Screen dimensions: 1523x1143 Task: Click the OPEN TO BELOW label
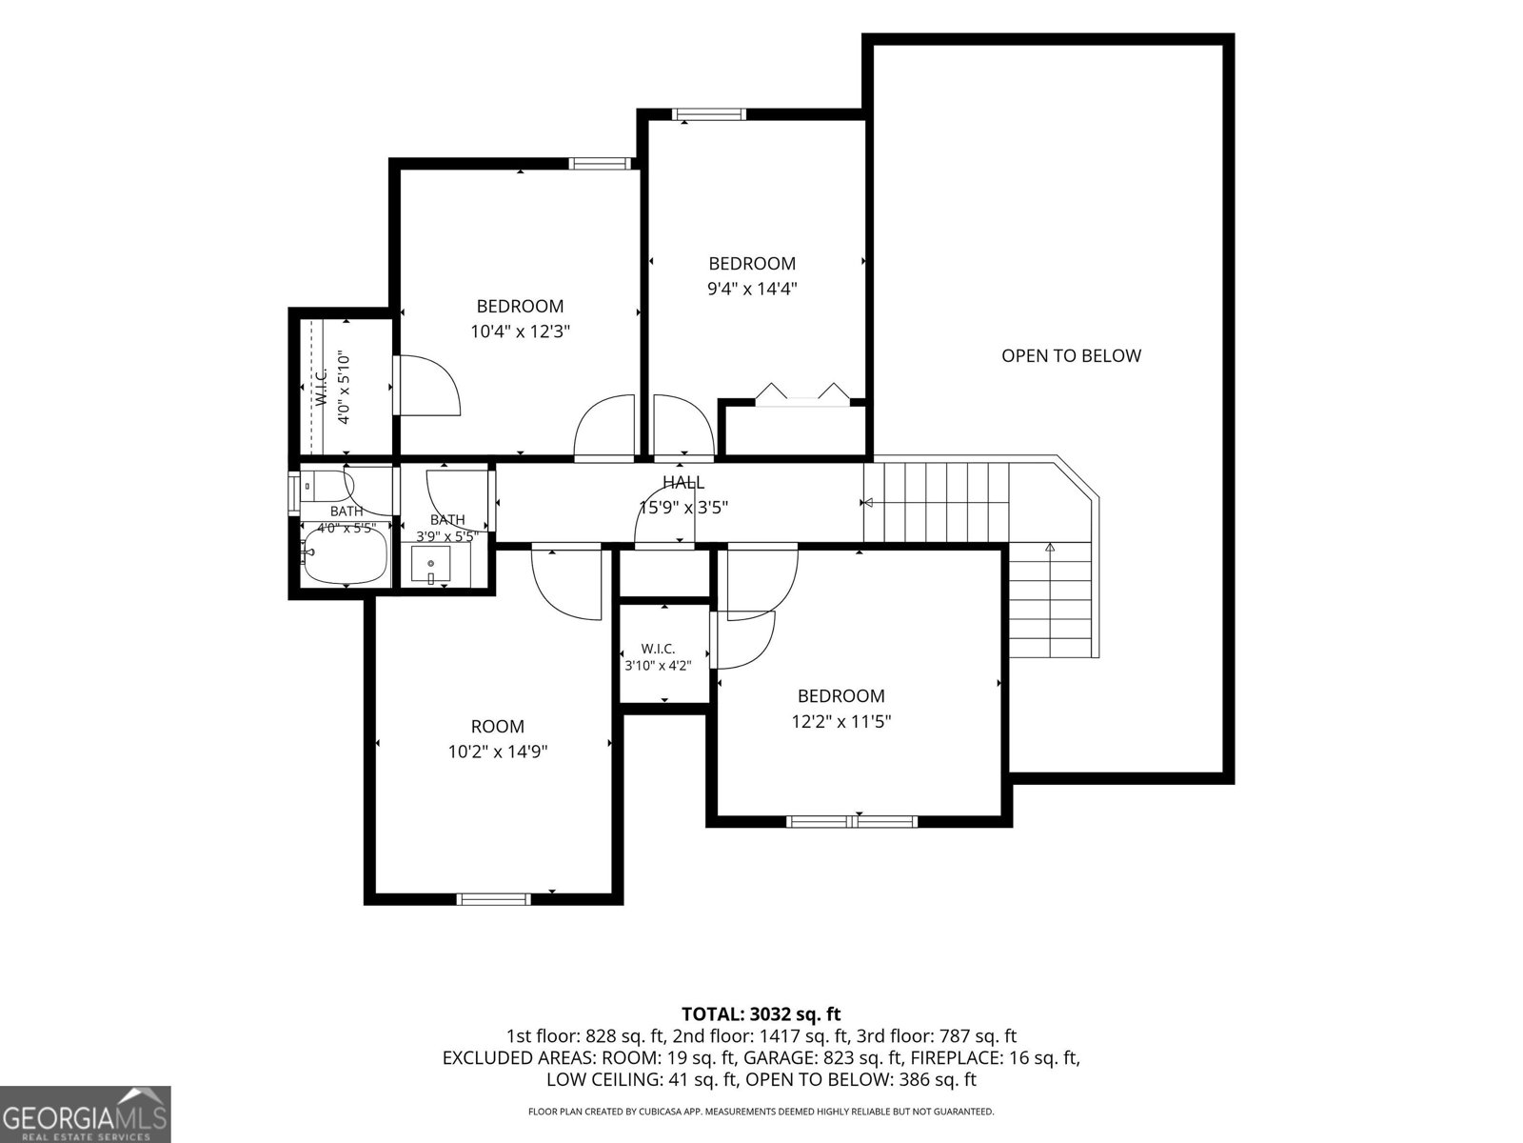(1071, 356)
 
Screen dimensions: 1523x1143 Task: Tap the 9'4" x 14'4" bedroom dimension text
(752, 289)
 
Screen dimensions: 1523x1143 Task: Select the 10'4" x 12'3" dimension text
(521, 331)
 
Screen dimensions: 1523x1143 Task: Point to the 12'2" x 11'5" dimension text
(841, 722)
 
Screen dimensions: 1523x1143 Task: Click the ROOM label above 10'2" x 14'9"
(498, 727)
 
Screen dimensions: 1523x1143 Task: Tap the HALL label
(683, 482)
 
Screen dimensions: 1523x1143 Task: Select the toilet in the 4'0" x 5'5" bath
(324, 486)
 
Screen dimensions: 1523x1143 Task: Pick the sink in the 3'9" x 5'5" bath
(430, 563)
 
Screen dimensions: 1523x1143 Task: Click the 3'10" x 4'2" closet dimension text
(658, 665)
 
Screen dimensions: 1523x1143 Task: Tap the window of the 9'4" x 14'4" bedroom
(708, 114)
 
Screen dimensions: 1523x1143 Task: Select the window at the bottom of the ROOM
(493, 899)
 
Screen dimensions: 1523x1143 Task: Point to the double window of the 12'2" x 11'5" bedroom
(852, 822)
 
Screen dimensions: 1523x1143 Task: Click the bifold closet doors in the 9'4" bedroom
(802, 392)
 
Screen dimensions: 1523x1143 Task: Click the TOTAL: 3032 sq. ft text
(761, 1014)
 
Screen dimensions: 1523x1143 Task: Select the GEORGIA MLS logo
(85, 1113)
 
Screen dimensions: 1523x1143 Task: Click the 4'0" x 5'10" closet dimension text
(343, 388)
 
